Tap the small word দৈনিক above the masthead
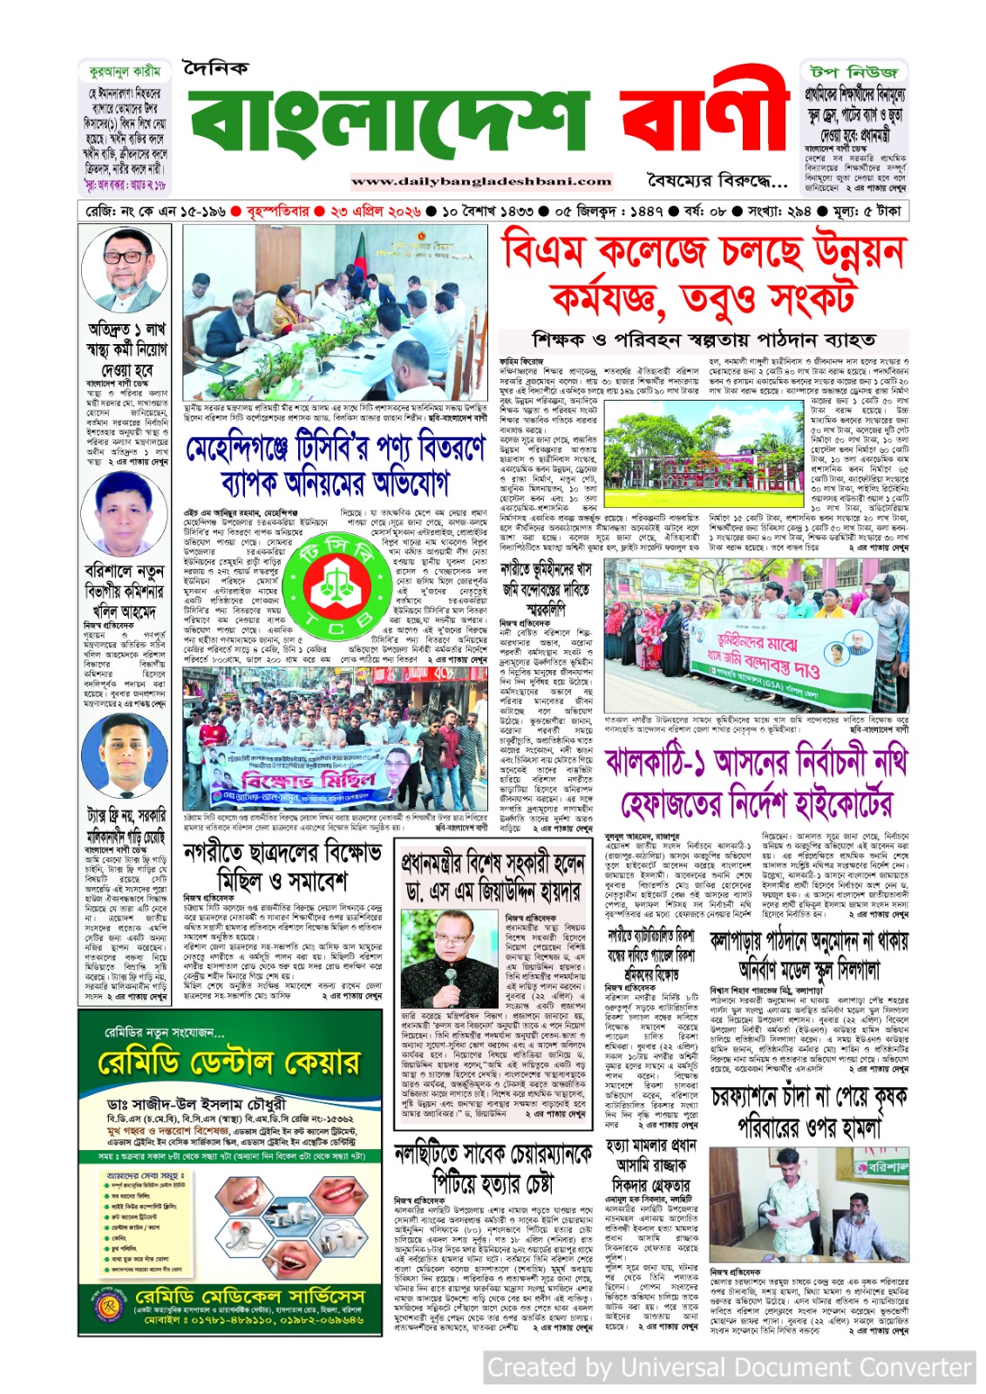click(x=215, y=68)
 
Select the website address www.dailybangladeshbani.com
click(x=481, y=181)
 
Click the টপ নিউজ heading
click(x=853, y=71)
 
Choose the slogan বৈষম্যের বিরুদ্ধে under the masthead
click(x=717, y=180)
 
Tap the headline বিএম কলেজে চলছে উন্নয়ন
click(x=704, y=253)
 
